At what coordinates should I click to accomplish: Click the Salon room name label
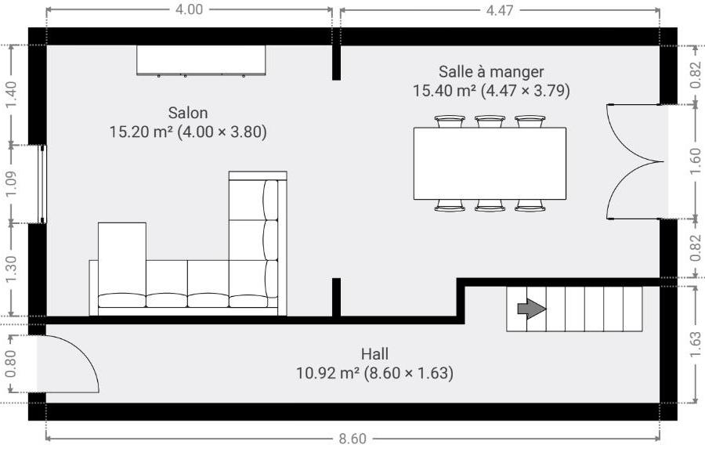188,112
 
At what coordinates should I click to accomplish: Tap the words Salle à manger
491,71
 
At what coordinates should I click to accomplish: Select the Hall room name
374,354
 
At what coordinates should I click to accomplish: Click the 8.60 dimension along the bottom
352,439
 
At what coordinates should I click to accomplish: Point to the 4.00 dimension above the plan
189,9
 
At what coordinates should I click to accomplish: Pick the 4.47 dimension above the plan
500,10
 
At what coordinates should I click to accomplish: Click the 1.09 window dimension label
11,184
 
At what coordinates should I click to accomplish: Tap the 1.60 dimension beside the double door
695,161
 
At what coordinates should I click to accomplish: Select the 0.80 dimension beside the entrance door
11,363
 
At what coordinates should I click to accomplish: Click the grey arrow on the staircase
532,309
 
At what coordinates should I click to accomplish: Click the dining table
490,164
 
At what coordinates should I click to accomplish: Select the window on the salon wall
42,184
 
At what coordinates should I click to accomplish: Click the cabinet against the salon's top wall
201,60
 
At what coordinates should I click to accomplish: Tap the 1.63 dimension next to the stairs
695,345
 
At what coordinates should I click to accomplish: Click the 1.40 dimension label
11,95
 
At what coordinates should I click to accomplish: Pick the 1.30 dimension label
11,269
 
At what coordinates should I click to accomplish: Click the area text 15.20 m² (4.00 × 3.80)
188,132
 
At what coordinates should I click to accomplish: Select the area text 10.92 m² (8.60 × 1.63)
374,373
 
